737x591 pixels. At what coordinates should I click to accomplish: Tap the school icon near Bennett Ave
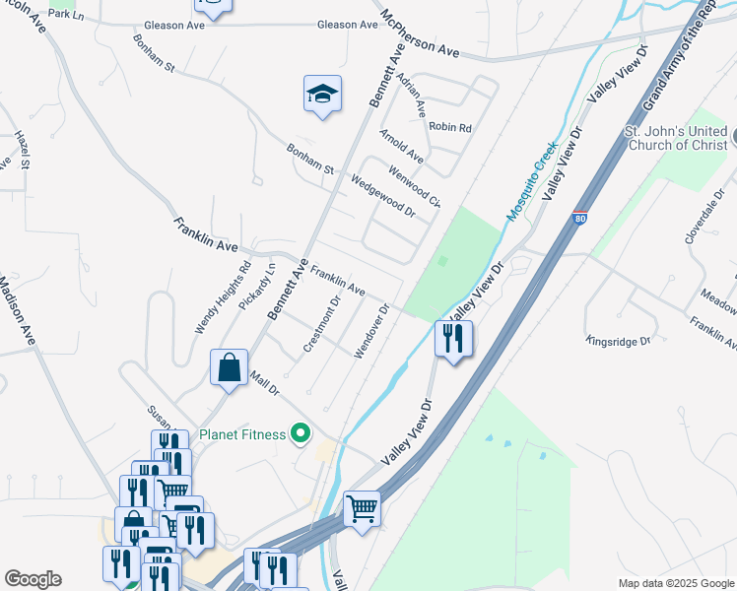point(322,95)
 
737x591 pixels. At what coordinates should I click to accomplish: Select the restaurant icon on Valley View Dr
point(453,339)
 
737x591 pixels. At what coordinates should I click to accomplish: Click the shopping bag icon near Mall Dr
point(229,368)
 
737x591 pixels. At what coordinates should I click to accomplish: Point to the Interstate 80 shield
point(580,219)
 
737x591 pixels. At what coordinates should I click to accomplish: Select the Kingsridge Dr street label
point(619,341)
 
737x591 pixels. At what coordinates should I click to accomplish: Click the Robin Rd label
point(450,127)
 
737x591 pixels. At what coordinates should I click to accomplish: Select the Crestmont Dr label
point(321,324)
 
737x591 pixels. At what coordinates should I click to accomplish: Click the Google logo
point(32,579)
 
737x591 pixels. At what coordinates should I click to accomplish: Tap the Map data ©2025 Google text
point(675,583)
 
